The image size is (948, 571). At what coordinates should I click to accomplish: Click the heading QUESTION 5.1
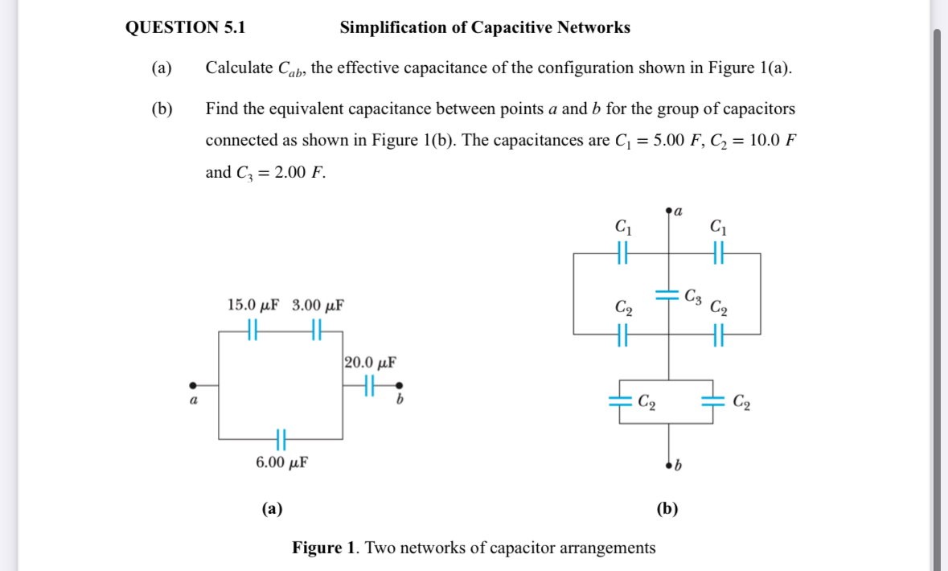(186, 28)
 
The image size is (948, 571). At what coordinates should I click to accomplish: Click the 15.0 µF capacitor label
(253, 306)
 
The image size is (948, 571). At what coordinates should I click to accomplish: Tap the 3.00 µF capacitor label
(318, 306)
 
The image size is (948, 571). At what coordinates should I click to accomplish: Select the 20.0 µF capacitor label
(370, 362)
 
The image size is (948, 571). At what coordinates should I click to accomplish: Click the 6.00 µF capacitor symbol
(281, 439)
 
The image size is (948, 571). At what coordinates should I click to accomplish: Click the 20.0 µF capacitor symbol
(371, 385)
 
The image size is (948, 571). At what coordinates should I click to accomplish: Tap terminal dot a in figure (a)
(192, 385)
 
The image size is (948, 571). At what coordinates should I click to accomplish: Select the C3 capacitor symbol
(668, 294)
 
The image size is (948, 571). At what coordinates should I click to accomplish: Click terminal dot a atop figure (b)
(669, 212)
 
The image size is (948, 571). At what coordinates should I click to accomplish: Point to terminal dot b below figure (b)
(669, 465)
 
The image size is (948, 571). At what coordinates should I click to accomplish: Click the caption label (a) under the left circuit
(272, 508)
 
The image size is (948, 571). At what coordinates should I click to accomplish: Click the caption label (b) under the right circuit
(667, 508)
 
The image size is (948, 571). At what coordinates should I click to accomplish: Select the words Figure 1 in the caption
(324, 548)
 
